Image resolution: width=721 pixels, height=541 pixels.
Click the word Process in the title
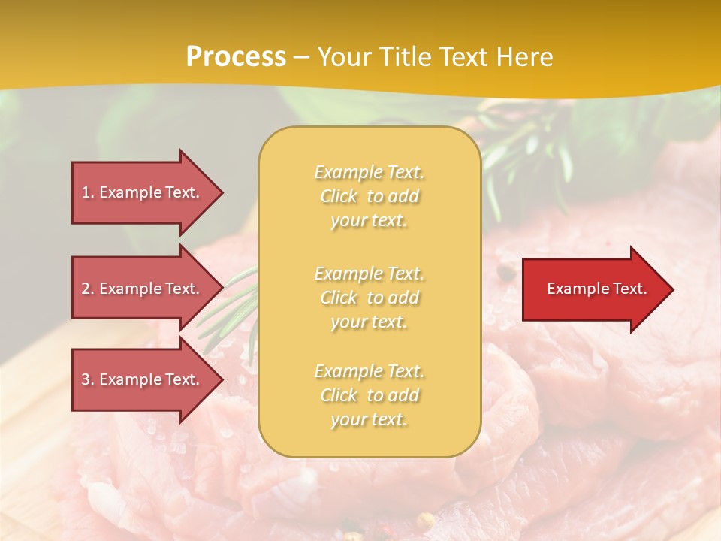tap(236, 57)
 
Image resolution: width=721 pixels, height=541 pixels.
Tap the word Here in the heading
tap(524, 57)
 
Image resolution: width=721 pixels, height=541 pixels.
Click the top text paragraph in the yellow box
tap(370, 196)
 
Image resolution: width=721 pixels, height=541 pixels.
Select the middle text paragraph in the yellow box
tap(370, 298)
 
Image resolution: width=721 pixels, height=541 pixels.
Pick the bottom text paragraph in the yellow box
tap(370, 395)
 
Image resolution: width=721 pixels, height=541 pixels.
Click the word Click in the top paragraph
tap(339, 196)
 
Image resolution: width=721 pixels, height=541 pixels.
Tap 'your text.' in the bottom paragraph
tap(369, 419)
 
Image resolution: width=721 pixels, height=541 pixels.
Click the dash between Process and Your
tap(302, 58)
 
